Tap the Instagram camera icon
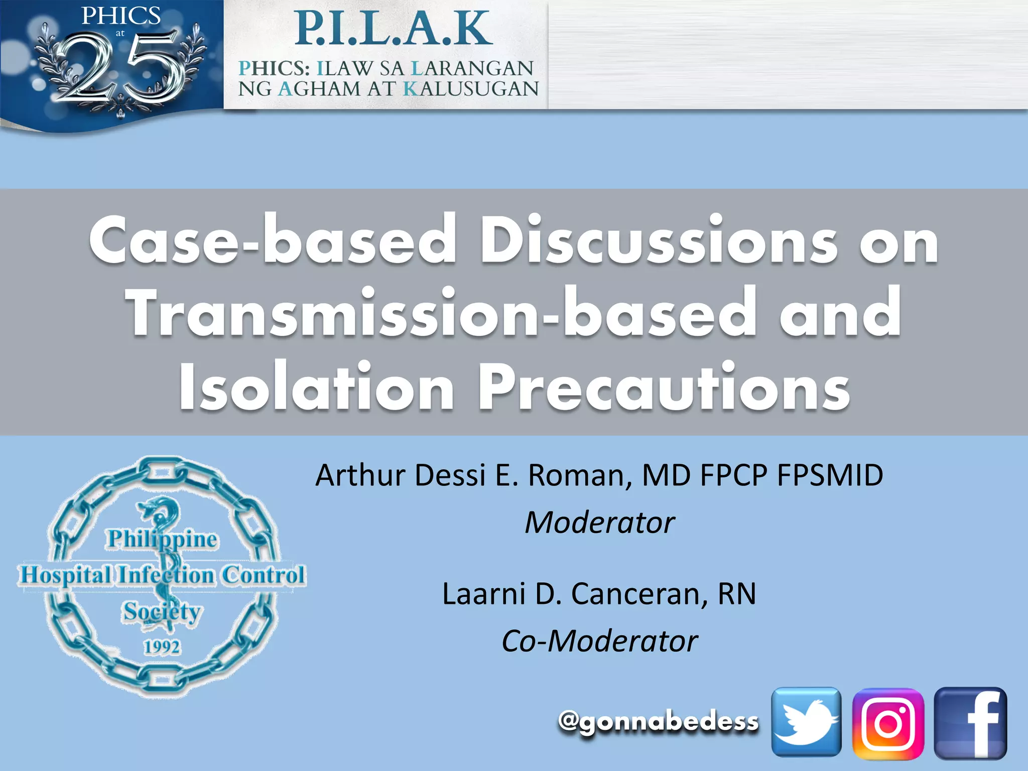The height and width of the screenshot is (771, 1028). (888, 723)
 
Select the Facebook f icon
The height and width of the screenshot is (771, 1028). (970, 723)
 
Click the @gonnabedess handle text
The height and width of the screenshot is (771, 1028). (658, 722)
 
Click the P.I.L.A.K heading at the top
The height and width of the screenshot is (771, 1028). (393, 29)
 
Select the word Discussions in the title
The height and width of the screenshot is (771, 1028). (658, 240)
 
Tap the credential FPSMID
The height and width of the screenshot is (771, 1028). (830, 475)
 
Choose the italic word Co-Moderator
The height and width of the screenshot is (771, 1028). (599, 641)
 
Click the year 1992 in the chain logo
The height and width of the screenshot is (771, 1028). (162, 647)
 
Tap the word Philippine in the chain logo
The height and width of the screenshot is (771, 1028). (162, 539)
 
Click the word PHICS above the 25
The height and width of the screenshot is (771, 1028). (120, 16)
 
